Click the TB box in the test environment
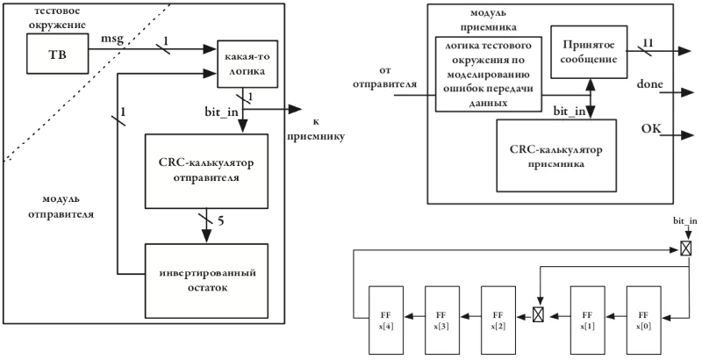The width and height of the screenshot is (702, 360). click(57, 54)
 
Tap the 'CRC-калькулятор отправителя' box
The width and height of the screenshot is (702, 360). click(206, 171)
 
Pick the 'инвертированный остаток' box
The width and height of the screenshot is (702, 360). click(206, 281)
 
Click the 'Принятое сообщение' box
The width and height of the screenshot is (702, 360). click(588, 52)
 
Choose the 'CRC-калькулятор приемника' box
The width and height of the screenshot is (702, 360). click(556, 155)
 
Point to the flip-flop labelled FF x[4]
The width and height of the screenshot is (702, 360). click(385, 320)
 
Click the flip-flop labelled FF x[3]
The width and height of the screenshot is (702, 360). click(442, 320)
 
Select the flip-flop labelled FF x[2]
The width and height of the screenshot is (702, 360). click(498, 320)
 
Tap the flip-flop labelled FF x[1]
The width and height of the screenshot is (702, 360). click(587, 320)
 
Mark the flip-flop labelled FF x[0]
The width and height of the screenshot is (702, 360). click(643, 320)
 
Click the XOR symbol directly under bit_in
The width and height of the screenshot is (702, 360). click(685, 248)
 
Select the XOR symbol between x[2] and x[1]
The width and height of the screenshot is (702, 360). click(538, 315)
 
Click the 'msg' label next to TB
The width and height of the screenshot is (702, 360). click(112, 40)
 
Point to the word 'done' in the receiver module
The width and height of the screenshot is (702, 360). click(649, 84)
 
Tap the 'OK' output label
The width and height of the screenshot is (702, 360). click(651, 128)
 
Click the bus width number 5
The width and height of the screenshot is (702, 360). click(221, 221)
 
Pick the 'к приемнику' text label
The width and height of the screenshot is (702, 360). click(316, 129)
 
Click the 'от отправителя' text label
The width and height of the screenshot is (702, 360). click(384, 77)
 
